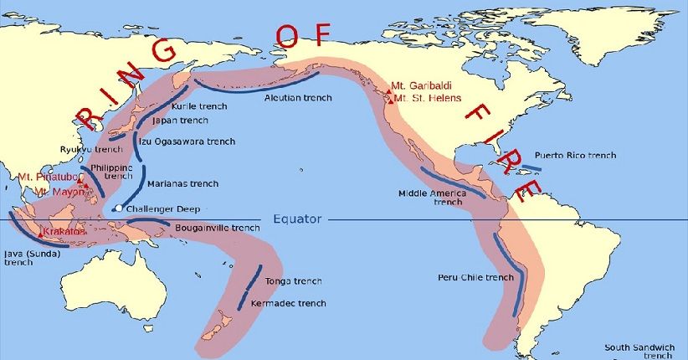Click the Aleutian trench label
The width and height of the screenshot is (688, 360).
click(x=298, y=98)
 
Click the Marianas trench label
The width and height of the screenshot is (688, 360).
click(x=182, y=183)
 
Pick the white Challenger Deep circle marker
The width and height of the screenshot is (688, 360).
click(x=119, y=208)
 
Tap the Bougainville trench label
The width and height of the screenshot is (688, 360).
click(x=217, y=227)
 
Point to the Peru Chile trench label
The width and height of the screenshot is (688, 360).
click(x=475, y=277)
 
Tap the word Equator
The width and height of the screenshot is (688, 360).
click(x=297, y=219)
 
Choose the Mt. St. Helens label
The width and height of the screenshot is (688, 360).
click(x=427, y=99)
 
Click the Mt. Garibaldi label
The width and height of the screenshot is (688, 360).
click(x=425, y=85)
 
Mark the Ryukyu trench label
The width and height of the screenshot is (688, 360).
click(x=91, y=149)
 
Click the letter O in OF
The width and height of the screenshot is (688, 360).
click(x=285, y=34)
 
